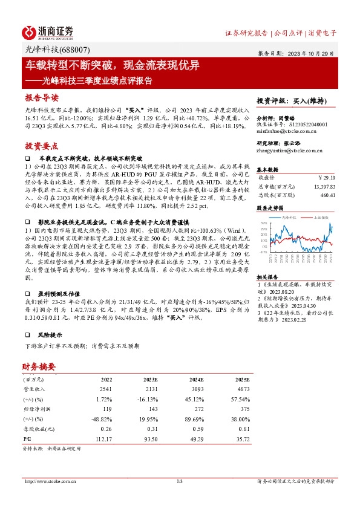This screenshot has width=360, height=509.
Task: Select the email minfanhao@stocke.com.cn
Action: coord(283,130)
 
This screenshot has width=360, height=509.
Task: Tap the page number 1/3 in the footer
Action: coord(180,481)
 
